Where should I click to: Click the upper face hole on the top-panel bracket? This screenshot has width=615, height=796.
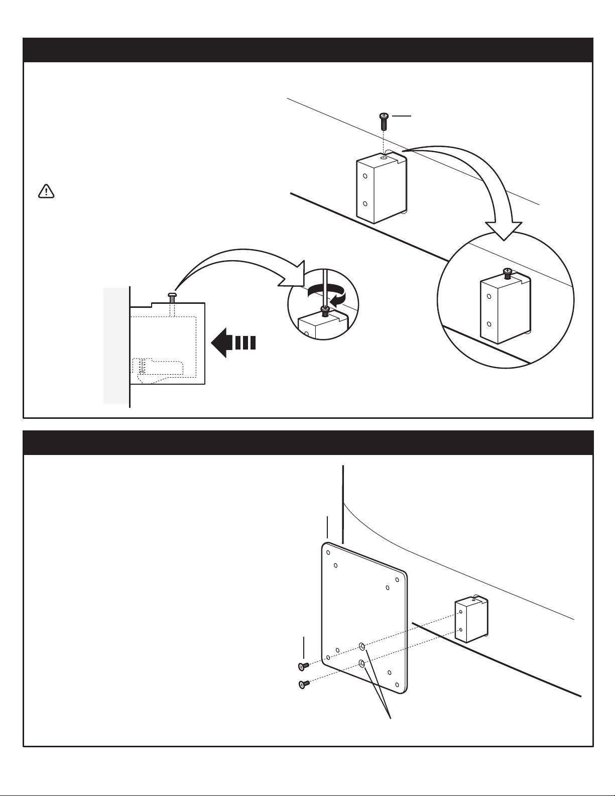[x=365, y=177]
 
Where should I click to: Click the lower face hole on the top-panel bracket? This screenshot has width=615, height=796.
[x=365, y=204]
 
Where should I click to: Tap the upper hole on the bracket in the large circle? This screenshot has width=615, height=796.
[x=489, y=297]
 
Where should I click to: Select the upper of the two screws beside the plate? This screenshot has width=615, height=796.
[x=303, y=666]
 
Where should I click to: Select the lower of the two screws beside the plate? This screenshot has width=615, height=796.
[x=303, y=684]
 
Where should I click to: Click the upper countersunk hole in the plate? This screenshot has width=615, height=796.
[x=361, y=646]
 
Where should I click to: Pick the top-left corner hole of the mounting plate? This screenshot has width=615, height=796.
[x=328, y=552]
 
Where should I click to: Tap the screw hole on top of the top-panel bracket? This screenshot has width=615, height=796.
[x=384, y=158]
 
